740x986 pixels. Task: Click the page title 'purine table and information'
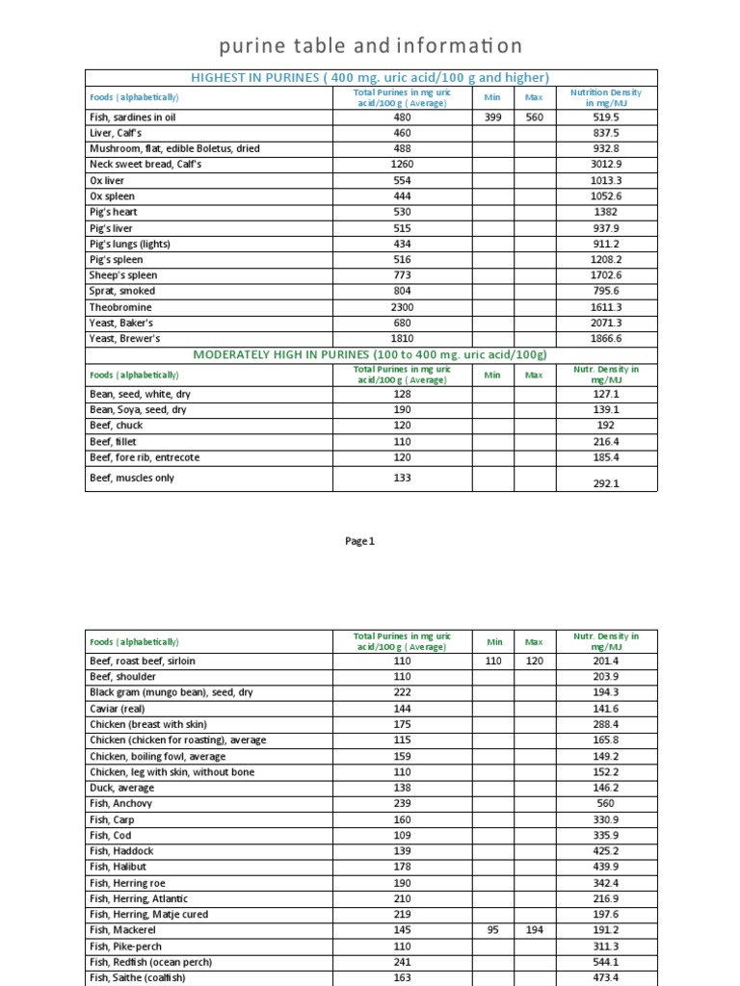(370, 45)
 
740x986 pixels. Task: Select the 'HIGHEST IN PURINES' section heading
(371, 77)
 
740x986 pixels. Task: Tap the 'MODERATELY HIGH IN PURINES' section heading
(371, 354)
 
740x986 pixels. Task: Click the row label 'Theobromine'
(120, 307)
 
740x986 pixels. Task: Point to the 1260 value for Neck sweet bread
(402, 165)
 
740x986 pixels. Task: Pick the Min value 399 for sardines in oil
(492, 117)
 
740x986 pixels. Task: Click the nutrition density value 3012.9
(606, 165)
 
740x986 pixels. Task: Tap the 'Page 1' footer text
(359, 541)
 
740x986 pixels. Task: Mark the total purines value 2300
(402, 307)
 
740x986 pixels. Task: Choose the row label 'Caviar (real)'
(117, 709)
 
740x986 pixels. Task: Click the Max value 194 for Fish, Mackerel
(534, 930)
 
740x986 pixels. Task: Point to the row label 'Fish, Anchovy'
(120, 803)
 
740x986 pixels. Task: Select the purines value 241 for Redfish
(402, 962)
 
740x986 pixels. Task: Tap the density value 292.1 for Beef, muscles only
(606, 484)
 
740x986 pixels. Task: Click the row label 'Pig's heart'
(113, 212)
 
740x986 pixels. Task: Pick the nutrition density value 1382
(606, 212)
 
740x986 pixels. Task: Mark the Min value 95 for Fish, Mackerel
(494, 930)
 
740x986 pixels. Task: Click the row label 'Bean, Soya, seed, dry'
(138, 409)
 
